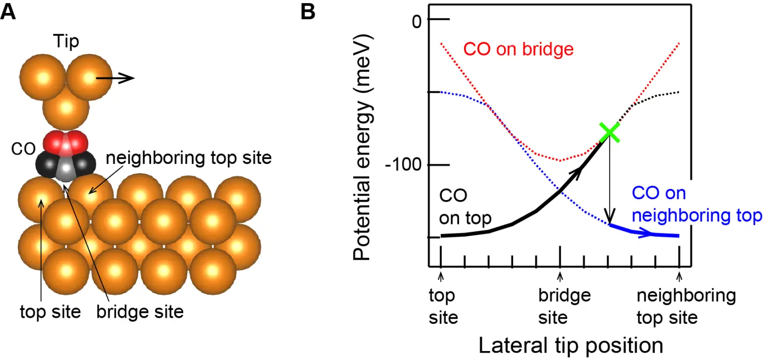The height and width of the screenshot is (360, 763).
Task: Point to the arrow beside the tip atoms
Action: (x=115, y=78)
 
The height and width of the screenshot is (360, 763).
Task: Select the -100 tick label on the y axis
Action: (x=403, y=165)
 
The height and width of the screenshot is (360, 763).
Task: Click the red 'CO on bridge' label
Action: (x=518, y=49)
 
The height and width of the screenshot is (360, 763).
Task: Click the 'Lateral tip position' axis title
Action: (x=570, y=345)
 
